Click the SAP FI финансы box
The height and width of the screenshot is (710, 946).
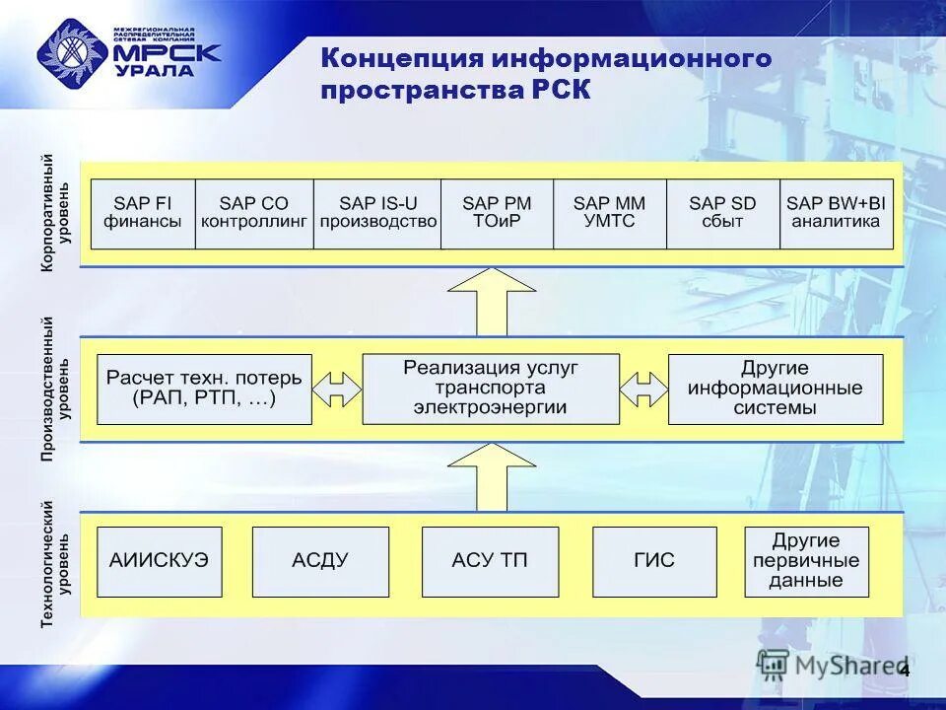click(x=143, y=213)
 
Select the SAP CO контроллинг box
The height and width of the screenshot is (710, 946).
click(x=254, y=213)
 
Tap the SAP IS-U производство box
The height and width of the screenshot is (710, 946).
click(x=377, y=213)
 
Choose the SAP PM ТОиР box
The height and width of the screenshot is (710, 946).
click(x=497, y=213)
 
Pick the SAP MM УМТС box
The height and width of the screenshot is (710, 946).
click(x=610, y=213)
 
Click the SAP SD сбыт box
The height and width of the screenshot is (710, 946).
click(x=722, y=213)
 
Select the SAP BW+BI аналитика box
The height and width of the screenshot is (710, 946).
click(x=836, y=213)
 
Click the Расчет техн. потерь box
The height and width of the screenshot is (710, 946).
click(x=204, y=390)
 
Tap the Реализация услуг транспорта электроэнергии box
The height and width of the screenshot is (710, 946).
click(x=491, y=390)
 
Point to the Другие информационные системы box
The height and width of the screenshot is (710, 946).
click(x=776, y=390)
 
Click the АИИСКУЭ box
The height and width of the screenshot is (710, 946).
click(x=159, y=561)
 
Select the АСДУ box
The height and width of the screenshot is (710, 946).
click(x=320, y=561)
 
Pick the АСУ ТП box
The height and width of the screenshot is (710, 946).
click(x=490, y=561)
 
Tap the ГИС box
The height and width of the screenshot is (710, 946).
click(x=654, y=561)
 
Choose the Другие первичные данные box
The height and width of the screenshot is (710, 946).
click(x=806, y=561)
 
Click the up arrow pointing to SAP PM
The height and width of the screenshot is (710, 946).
click(x=492, y=302)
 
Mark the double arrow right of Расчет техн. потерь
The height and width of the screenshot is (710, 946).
click(x=337, y=390)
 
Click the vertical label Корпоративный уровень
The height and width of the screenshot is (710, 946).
click(x=55, y=213)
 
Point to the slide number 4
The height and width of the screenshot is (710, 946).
click(x=905, y=672)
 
